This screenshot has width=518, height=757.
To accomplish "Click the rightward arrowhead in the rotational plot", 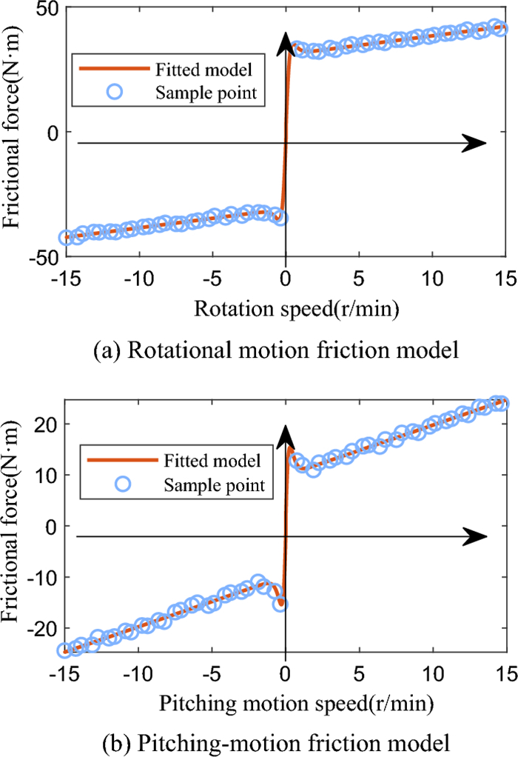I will click(474, 143).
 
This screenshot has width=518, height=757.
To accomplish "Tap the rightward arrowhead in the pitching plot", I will click(474, 536).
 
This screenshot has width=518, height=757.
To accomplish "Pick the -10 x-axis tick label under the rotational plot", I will click(138, 278).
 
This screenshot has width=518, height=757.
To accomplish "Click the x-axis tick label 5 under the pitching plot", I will click(358, 670).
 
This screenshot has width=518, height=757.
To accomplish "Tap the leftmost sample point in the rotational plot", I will click(66, 238).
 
